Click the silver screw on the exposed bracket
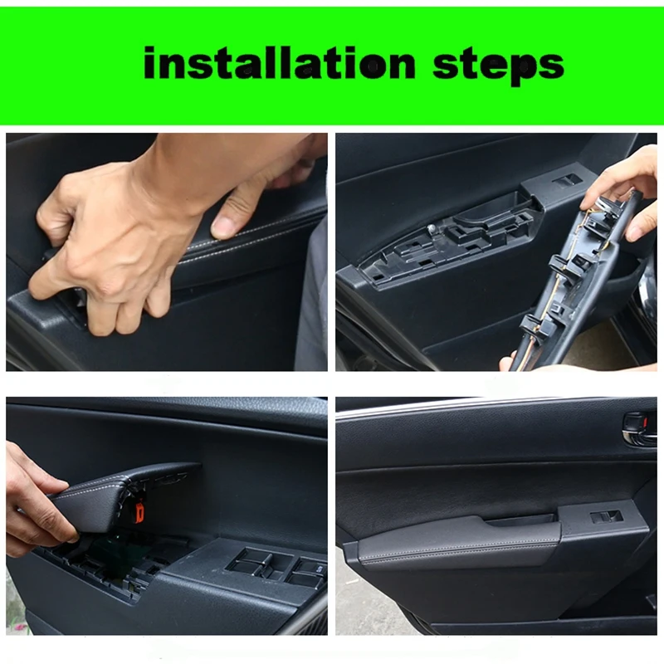click(x=432, y=226)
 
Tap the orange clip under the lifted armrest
click(x=139, y=512)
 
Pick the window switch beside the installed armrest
click(x=606, y=516)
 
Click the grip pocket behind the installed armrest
click(x=523, y=520)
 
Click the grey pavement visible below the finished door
click(x=365, y=606)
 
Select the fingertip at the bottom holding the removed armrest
click(x=506, y=364)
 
